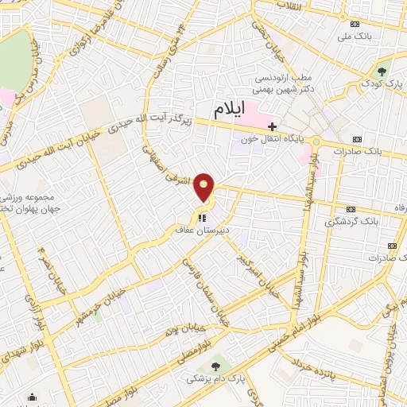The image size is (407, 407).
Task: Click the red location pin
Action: pyautogui.click(x=205, y=187)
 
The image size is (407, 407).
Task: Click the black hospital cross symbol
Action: pyautogui.click(x=272, y=126)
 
